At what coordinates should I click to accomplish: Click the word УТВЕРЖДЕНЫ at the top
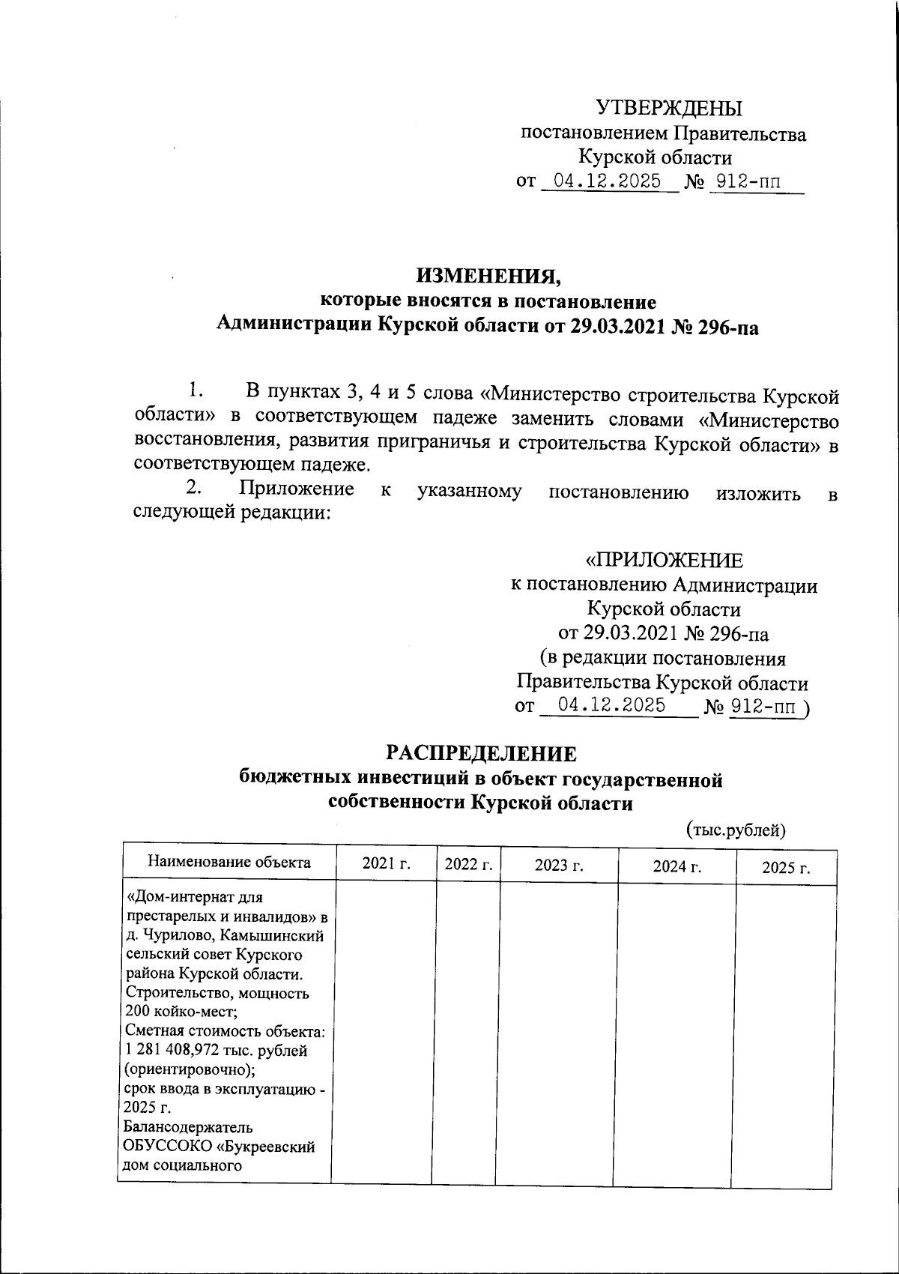tap(669, 109)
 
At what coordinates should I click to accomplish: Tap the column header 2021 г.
tap(387, 864)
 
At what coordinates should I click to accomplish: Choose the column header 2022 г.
tap(468, 864)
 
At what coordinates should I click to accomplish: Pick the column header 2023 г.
tap(559, 866)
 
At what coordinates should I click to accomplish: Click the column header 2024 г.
tap(677, 867)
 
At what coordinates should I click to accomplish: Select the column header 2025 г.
tap(786, 869)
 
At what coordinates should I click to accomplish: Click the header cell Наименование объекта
tap(229, 862)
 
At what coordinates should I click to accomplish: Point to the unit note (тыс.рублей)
tap(736, 830)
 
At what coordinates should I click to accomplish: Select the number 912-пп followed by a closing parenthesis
tap(764, 706)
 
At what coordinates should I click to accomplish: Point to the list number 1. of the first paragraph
tap(196, 390)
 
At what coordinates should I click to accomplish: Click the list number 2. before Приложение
tap(194, 489)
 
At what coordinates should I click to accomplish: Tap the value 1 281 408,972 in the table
tap(178, 1051)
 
